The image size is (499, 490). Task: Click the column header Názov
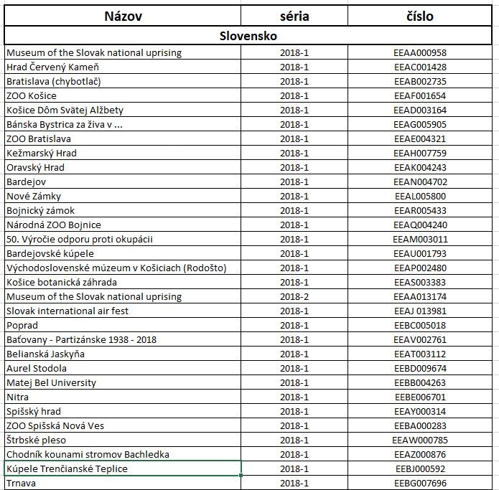pyautogui.click(x=123, y=16)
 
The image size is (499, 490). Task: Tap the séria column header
pyautogui.click(x=294, y=16)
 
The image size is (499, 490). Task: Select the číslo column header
pyautogui.click(x=420, y=16)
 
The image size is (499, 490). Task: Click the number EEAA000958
pyautogui.click(x=420, y=52)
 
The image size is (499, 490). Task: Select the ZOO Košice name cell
pyautogui.click(x=32, y=95)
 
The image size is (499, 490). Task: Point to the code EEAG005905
pyautogui.click(x=420, y=124)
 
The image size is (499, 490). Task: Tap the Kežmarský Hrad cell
pyautogui.click(x=42, y=153)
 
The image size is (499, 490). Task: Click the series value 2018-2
pyautogui.click(x=294, y=296)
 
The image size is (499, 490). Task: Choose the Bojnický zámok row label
pyautogui.click(x=41, y=210)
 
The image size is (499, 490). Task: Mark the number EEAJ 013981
pyautogui.click(x=420, y=311)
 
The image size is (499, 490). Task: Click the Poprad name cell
pyautogui.click(x=22, y=325)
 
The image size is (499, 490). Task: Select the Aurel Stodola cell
pyautogui.click(x=37, y=368)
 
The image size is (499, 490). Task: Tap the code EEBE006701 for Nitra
pyautogui.click(x=420, y=397)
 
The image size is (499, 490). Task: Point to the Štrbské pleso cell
pyautogui.click(x=36, y=440)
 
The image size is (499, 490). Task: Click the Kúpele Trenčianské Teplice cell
pyautogui.click(x=67, y=468)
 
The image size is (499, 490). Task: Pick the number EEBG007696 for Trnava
pyautogui.click(x=420, y=483)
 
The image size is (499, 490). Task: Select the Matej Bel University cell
pyautogui.click(x=51, y=382)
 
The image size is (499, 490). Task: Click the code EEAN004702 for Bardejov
pyautogui.click(x=420, y=182)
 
